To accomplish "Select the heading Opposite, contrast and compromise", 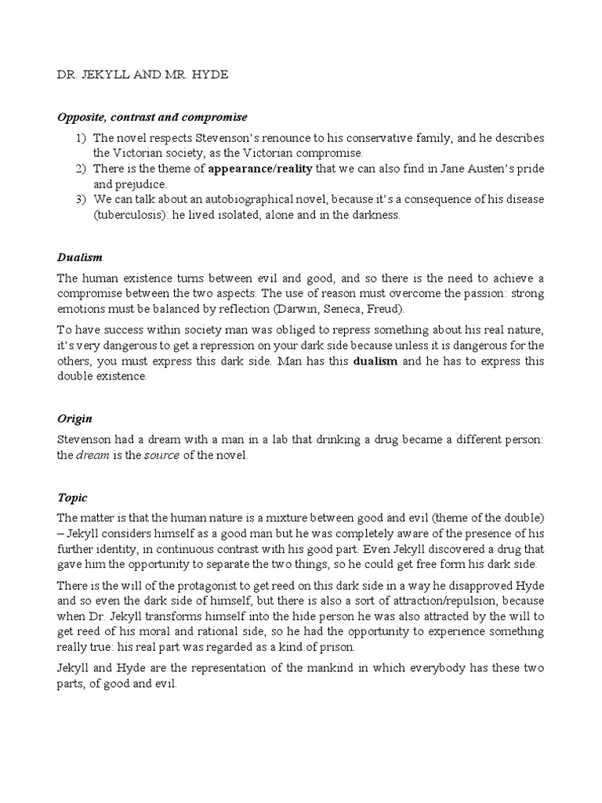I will click(152, 117).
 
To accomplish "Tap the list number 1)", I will click(82, 138).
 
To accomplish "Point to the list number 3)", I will click(82, 200).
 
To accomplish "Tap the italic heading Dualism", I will click(80, 257).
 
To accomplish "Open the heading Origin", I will click(75, 419).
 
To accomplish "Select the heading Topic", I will click(72, 498).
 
